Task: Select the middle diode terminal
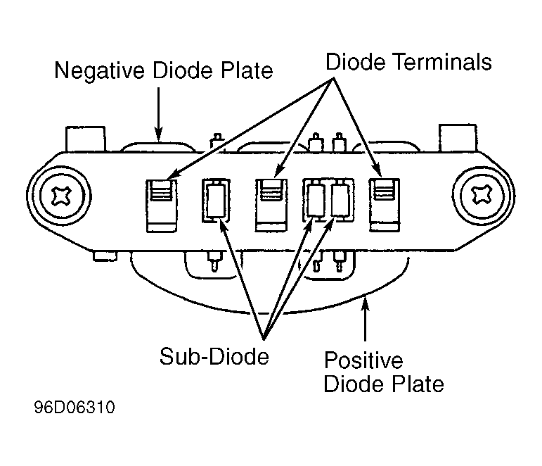271,204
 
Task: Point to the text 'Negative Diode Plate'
164,70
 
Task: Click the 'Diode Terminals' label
408,62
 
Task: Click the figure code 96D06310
74,408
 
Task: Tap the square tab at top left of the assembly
84,139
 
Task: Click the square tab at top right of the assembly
458,139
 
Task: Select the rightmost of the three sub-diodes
340,200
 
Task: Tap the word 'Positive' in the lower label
363,361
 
